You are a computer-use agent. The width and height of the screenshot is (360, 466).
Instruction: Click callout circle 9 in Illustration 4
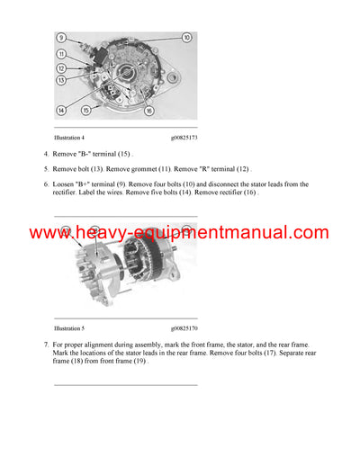click(61, 38)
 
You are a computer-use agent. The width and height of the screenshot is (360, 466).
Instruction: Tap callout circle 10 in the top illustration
click(186, 38)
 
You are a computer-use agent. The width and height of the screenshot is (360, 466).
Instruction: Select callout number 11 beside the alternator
click(61, 54)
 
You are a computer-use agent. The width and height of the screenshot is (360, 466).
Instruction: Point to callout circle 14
click(61, 110)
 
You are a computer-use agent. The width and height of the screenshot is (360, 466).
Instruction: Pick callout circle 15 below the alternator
click(85, 110)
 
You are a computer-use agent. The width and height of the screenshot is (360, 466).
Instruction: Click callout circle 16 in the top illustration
click(148, 110)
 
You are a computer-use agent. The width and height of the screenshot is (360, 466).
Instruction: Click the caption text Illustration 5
click(69, 329)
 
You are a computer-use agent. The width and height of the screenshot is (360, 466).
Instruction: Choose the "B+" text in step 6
click(88, 184)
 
